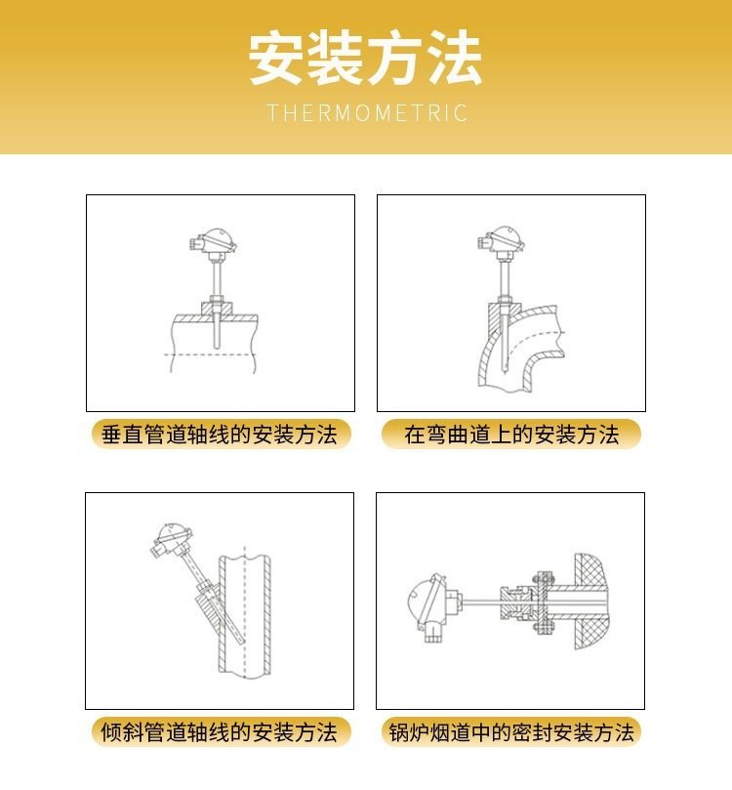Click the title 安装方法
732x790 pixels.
365,58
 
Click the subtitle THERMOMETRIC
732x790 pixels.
367,113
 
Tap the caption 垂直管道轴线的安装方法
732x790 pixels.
220,435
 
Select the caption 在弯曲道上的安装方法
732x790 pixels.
511,435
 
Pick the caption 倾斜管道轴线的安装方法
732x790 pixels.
220,732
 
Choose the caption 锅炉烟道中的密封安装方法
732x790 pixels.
511,732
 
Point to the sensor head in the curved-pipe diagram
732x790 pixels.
502,240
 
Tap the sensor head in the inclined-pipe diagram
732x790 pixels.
172,540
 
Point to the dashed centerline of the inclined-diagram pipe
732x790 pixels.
245,612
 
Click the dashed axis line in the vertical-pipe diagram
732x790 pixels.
211,355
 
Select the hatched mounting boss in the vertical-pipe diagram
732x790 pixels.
217,309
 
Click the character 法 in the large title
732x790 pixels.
456,58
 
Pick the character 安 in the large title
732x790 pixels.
276,58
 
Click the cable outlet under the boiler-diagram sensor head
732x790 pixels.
432,633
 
